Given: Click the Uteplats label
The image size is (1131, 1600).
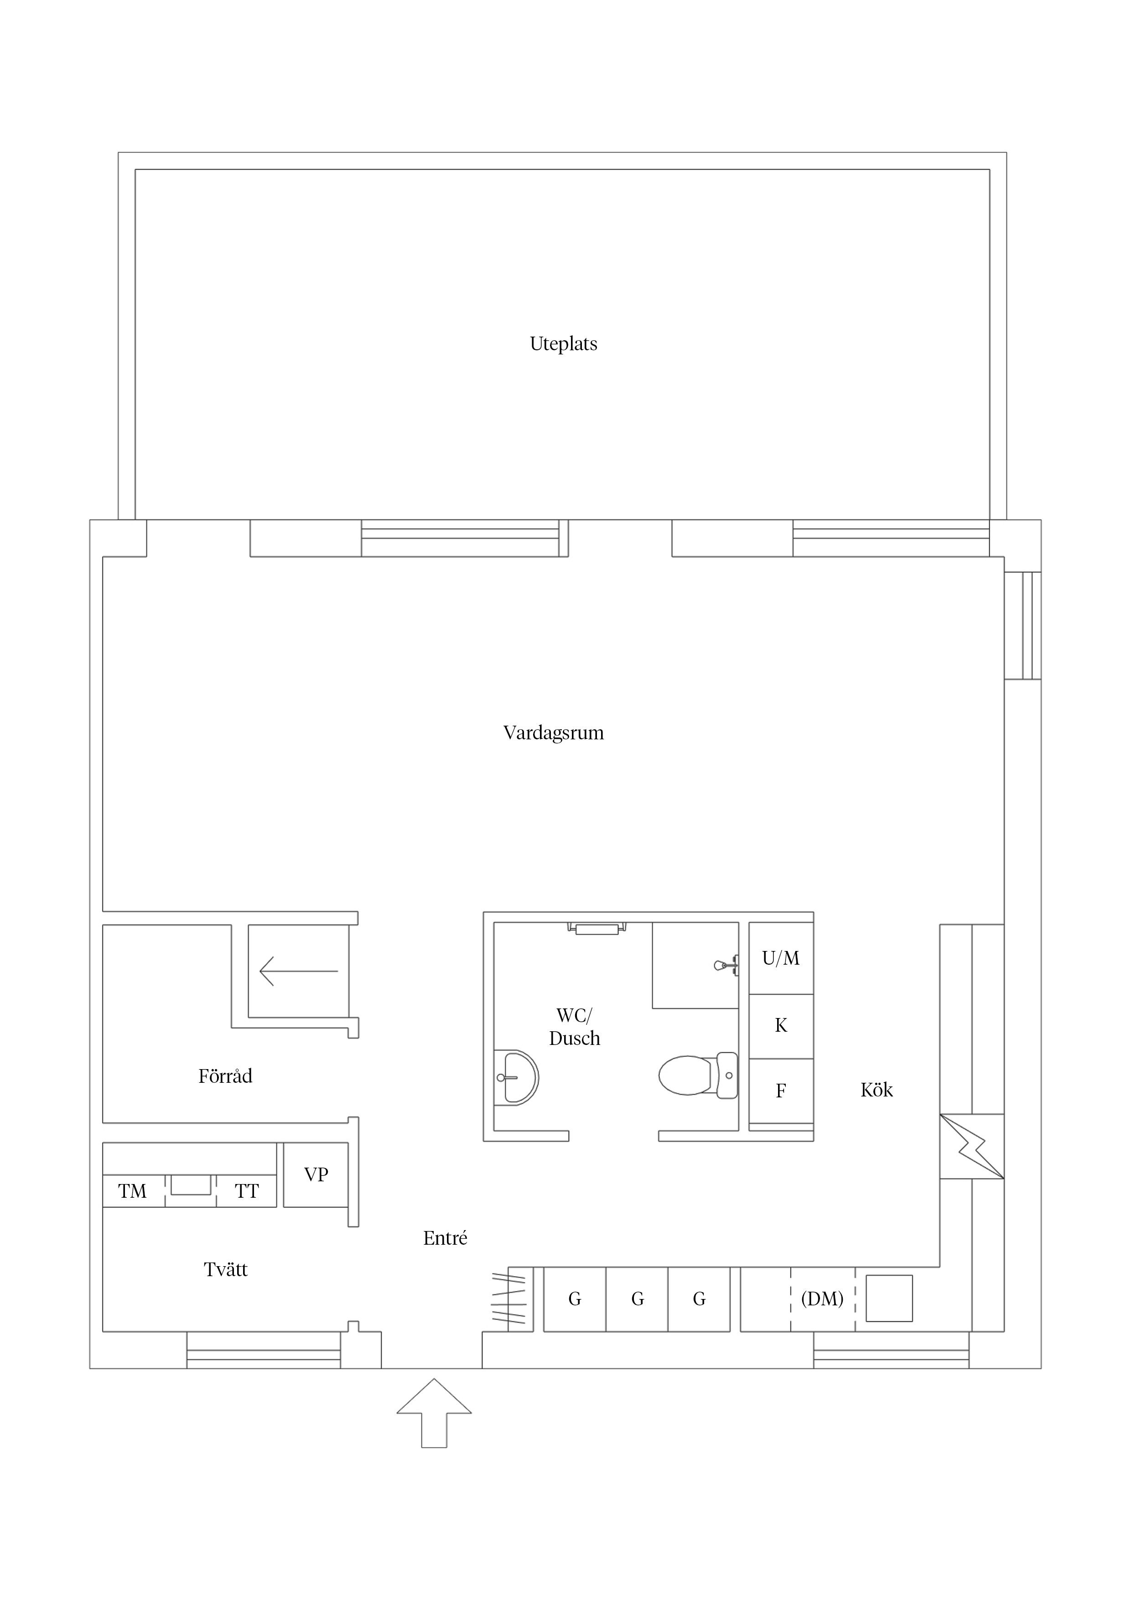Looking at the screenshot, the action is point(563,343).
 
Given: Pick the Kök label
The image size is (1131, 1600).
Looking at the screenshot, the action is point(876,1090).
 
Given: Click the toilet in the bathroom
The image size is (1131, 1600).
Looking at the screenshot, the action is point(698,1075).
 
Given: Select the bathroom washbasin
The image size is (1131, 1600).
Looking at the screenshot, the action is point(516,1077).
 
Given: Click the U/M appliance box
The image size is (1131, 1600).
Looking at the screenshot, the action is point(781,958).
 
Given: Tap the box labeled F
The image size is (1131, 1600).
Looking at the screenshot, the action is point(781,1091).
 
